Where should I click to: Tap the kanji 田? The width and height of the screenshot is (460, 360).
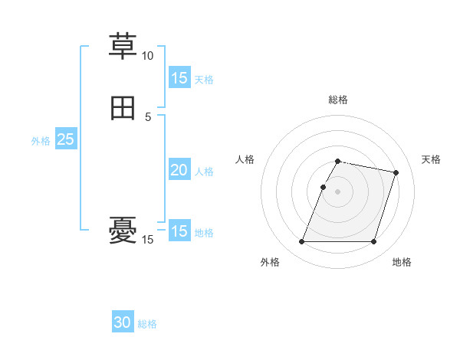pyautogui.click(x=123, y=109)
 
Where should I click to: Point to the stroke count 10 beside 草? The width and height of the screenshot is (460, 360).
pyautogui.click(x=147, y=56)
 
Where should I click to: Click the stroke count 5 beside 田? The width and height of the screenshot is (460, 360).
pyautogui.click(x=148, y=117)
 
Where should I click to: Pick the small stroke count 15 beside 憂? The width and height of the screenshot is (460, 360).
pyautogui.click(x=147, y=241)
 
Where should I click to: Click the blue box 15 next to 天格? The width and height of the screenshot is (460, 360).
pyautogui.click(x=179, y=78)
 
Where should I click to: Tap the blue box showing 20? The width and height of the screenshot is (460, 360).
pyautogui.click(x=179, y=171)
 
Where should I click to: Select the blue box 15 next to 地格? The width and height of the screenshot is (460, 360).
pyautogui.click(x=179, y=231)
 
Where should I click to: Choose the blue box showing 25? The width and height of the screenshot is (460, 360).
pyautogui.click(x=65, y=139)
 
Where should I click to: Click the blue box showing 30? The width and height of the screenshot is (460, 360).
pyautogui.click(x=123, y=322)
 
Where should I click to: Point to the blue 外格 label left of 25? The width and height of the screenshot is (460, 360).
pyautogui.click(x=41, y=141)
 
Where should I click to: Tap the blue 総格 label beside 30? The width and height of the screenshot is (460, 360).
pyautogui.click(x=147, y=324)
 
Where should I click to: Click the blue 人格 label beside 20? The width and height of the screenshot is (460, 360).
pyautogui.click(x=204, y=172)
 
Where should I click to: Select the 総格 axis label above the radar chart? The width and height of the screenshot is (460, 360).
pyautogui.click(x=338, y=100)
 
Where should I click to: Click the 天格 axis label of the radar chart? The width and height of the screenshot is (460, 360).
pyautogui.click(x=431, y=159)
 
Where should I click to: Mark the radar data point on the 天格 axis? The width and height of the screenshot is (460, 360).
pyautogui.click(x=396, y=173)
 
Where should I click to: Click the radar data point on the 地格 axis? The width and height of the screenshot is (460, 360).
pyautogui.click(x=373, y=242)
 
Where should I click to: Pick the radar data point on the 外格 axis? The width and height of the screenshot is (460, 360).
pyautogui.click(x=302, y=242)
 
